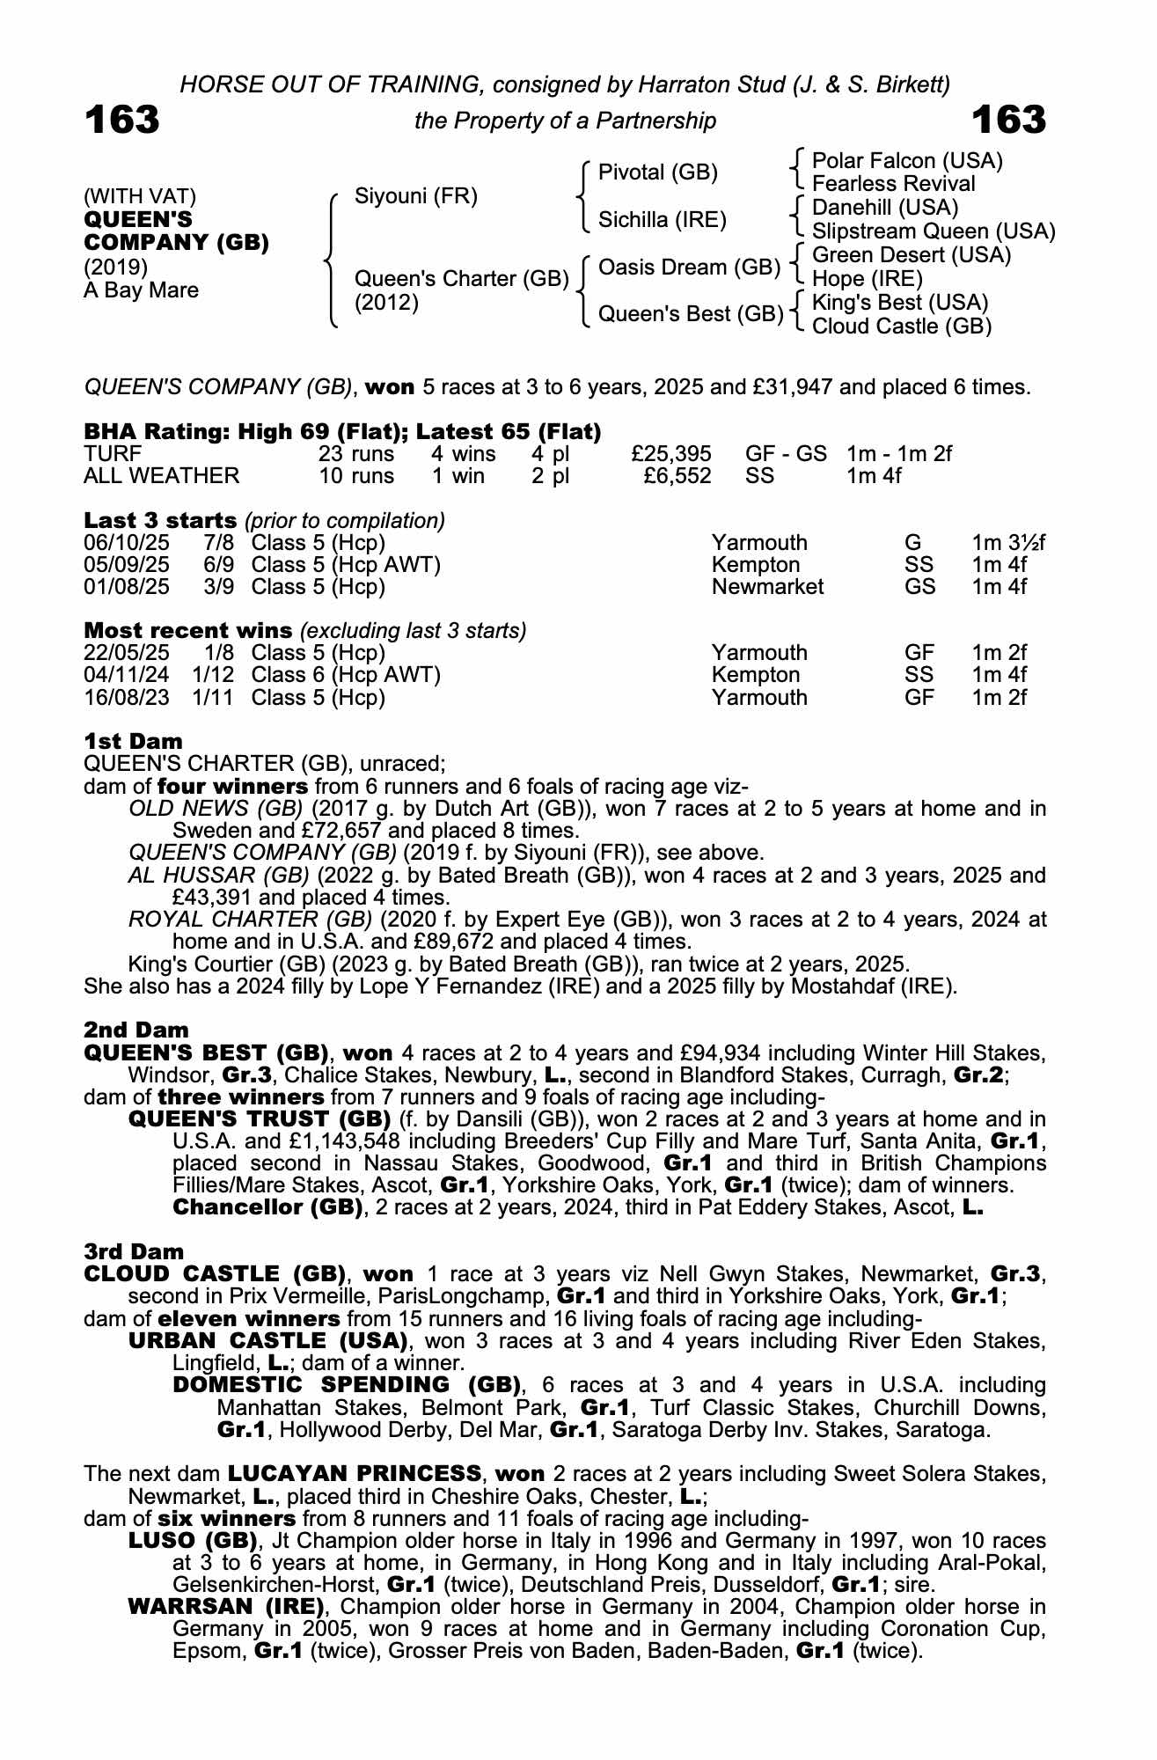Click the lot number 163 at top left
[x=122, y=120]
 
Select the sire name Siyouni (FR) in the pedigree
[x=415, y=195]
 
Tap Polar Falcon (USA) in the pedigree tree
[x=907, y=161]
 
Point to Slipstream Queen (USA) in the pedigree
[x=933, y=231]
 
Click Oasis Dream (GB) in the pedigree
[x=689, y=267]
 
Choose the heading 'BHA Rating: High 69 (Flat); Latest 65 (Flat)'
[x=342, y=431]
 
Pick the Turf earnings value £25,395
[x=671, y=454]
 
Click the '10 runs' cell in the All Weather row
[x=356, y=476]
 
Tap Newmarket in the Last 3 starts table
[x=767, y=587]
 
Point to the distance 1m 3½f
[x=1008, y=543]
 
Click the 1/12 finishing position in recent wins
[x=215, y=675]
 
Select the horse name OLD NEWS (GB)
[x=216, y=809]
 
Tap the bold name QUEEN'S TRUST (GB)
[x=260, y=1118]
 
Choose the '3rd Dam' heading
[x=135, y=1251]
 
